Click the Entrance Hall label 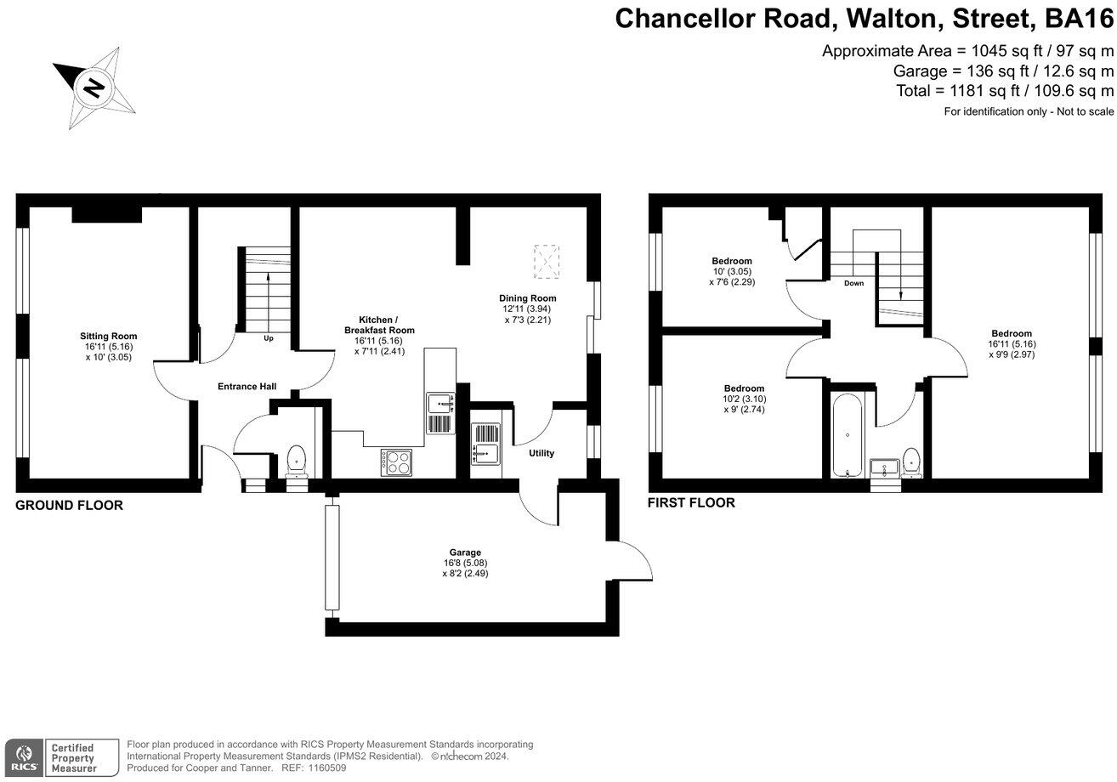click(247, 387)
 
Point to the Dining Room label click(527, 309)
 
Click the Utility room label click(541, 453)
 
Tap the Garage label click(465, 563)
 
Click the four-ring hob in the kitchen click(396, 462)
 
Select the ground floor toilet click(297, 459)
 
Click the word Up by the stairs click(269, 338)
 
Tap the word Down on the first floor click(853, 283)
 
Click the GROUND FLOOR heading click(69, 506)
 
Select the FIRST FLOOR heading click(691, 503)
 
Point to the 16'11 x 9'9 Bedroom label click(1011, 343)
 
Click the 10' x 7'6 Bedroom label click(731, 271)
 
